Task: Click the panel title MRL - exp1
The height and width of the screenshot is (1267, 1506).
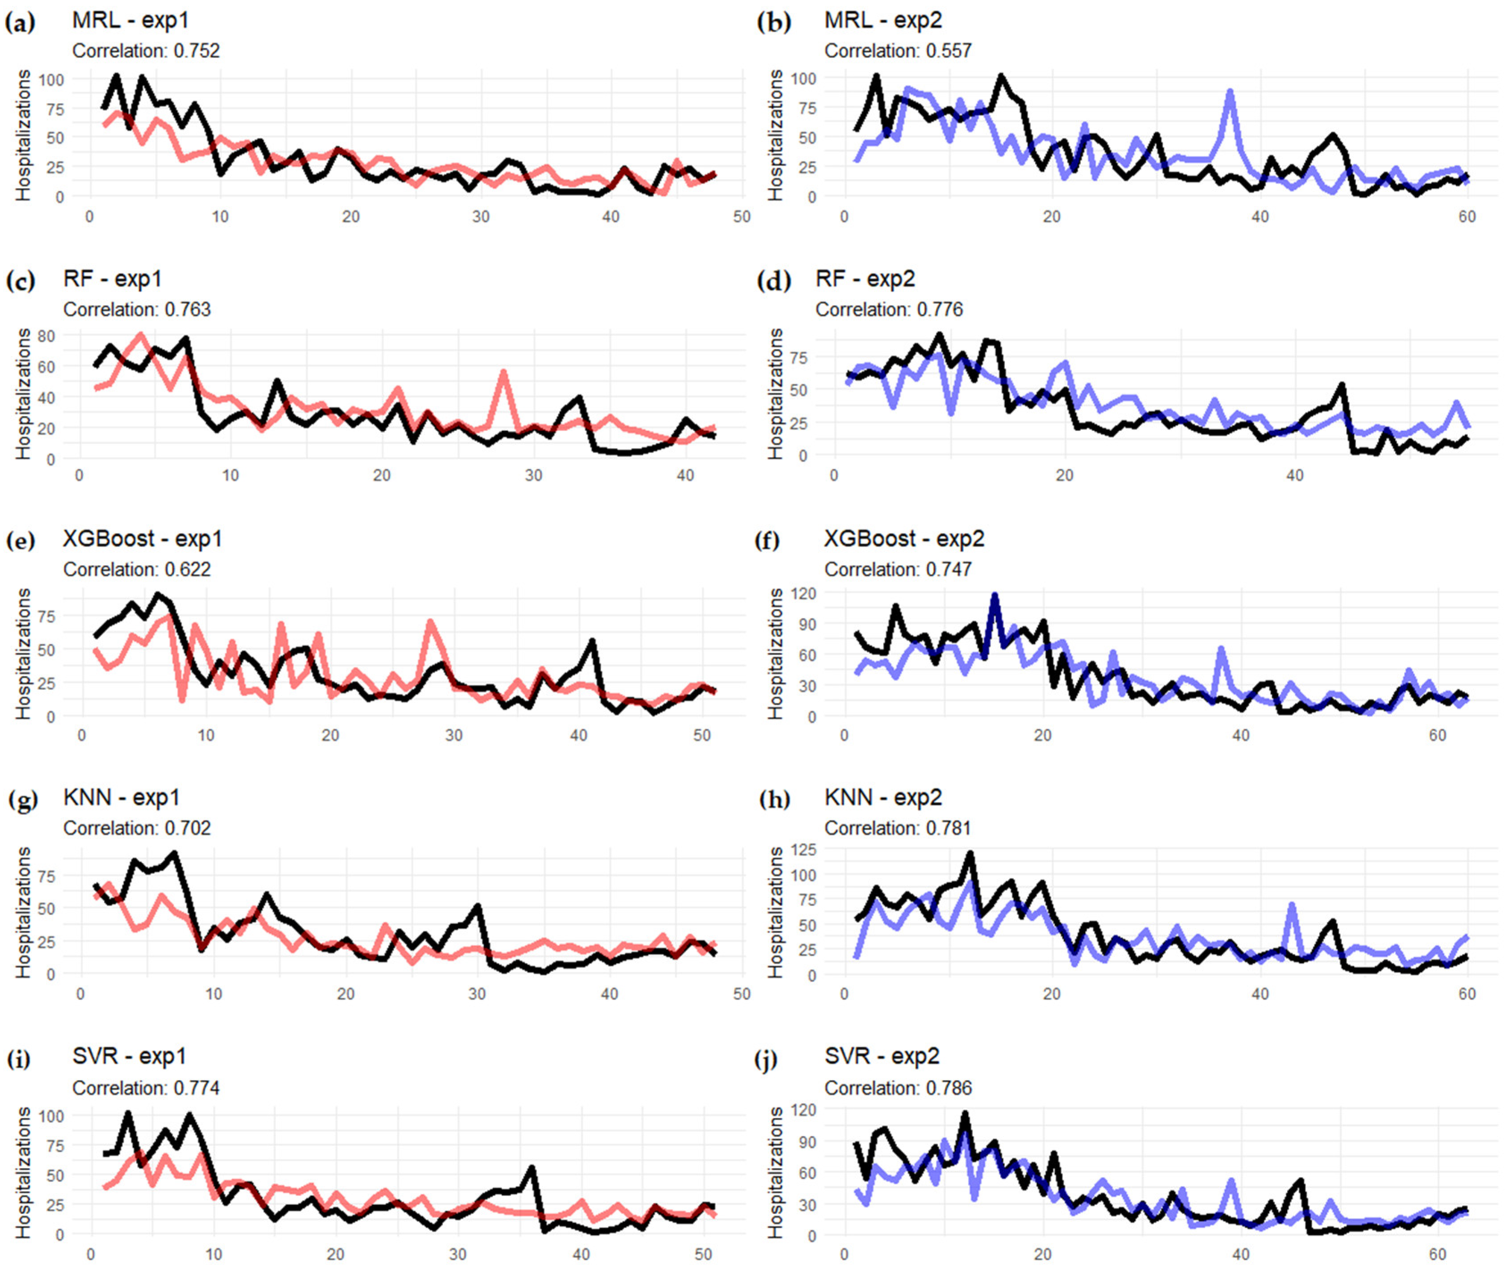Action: (x=131, y=20)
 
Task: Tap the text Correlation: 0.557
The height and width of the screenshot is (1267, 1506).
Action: (x=898, y=51)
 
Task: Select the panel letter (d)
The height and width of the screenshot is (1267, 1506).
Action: (x=774, y=280)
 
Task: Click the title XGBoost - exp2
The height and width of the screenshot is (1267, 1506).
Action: (x=904, y=539)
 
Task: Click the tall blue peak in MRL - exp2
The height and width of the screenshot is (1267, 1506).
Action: (x=1230, y=92)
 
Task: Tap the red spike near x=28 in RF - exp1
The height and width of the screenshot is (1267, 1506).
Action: (x=503, y=372)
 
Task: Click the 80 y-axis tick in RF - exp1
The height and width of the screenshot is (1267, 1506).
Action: (x=46, y=336)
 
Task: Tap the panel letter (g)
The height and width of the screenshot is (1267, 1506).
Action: (x=21, y=799)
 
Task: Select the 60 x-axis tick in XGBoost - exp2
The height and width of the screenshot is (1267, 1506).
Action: (x=1437, y=735)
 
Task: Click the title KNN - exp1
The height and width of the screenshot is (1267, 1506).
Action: (x=121, y=797)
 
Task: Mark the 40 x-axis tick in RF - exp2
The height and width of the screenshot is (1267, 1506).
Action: (x=1295, y=475)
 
